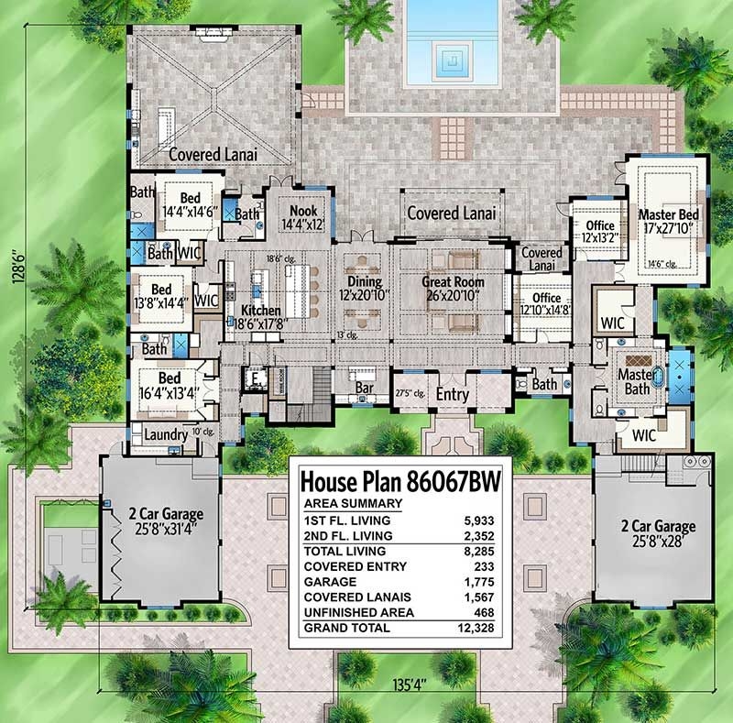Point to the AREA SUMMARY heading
(352, 504)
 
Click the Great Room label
(453, 282)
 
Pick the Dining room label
(363, 282)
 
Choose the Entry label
(452, 394)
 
